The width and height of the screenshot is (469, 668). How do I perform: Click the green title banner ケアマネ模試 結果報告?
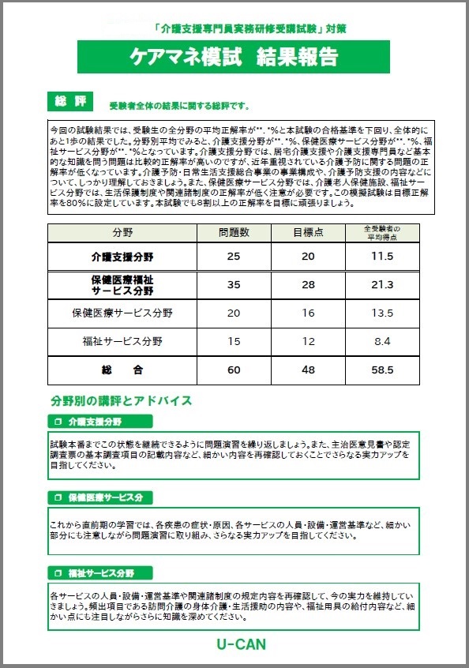[x=234, y=57]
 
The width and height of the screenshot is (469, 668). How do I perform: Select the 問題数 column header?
[x=234, y=233]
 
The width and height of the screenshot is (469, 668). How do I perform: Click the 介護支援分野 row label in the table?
[x=122, y=257]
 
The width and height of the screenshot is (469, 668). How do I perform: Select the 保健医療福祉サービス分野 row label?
[x=122, y=285]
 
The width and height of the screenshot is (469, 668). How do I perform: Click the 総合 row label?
[x=122, y=370]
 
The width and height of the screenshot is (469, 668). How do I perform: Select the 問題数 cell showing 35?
[x=234, y=285]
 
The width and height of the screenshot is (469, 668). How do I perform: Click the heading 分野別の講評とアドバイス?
[x=121, y=400]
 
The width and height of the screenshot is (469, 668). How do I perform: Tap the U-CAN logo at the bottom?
[x=241, y=644]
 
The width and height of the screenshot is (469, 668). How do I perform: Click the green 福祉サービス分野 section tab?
[x=99, y=572]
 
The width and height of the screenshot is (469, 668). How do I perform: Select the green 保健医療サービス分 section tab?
[x=99, y=497]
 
